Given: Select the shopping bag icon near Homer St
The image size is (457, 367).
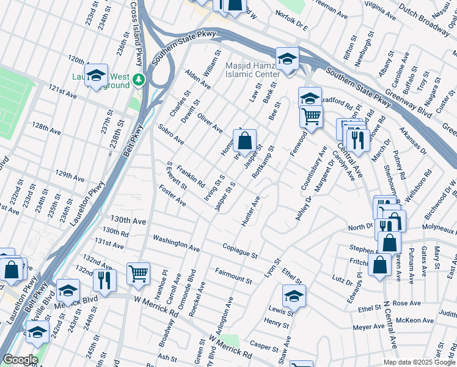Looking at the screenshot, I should coord(244,141).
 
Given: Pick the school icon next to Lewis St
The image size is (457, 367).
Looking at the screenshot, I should coord(294,296).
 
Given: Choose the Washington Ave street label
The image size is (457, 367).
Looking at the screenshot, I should coord(176,243).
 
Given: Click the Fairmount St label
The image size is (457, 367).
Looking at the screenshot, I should coord(233,275).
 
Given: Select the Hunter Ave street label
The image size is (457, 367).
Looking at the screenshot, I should coord(250,211).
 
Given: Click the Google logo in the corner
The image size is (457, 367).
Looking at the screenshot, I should coord(20,360).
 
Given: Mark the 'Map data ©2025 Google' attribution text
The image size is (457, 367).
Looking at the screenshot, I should coord(419,362).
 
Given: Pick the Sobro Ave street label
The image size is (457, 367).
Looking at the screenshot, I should coord(170,135).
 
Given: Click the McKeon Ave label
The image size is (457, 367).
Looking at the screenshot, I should coord(414,320).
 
